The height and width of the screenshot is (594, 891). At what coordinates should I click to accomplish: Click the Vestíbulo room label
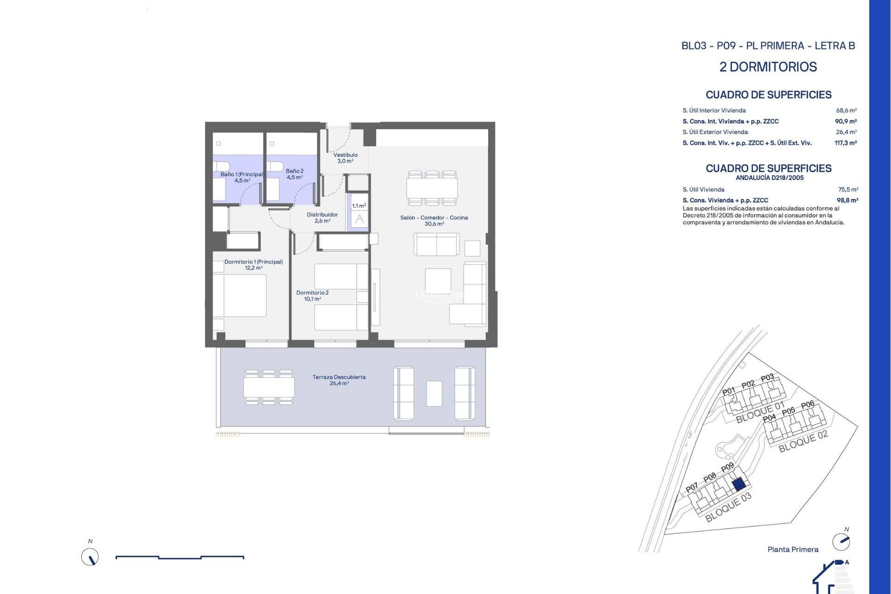345,158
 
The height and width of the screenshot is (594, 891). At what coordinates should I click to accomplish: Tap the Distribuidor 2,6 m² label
322,218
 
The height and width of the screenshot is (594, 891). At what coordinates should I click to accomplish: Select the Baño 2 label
295,174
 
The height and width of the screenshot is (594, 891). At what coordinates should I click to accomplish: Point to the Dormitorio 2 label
312,296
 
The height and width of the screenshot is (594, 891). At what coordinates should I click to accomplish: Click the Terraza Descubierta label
339,380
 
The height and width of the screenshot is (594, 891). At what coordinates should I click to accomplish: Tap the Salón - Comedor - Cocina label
434,220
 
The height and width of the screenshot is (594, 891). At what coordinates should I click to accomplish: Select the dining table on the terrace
269,387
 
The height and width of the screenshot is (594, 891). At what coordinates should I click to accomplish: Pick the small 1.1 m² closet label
359,206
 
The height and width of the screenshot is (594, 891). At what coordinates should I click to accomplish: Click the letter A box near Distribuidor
360,220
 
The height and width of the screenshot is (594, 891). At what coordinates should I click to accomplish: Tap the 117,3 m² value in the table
845,143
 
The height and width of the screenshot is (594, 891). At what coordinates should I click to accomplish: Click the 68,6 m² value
846,110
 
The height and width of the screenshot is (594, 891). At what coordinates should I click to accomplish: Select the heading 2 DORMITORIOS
768,67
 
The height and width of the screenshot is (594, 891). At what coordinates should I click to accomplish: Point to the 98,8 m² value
847,200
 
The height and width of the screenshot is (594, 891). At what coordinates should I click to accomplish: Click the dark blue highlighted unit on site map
739,485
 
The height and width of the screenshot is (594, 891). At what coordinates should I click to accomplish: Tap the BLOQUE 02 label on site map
803,441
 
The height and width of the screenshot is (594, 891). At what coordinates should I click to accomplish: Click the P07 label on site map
691,487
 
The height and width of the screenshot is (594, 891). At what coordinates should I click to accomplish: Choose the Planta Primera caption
793,549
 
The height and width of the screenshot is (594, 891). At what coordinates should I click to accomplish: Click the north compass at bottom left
90,557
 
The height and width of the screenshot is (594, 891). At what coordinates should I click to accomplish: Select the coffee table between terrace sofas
434,394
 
